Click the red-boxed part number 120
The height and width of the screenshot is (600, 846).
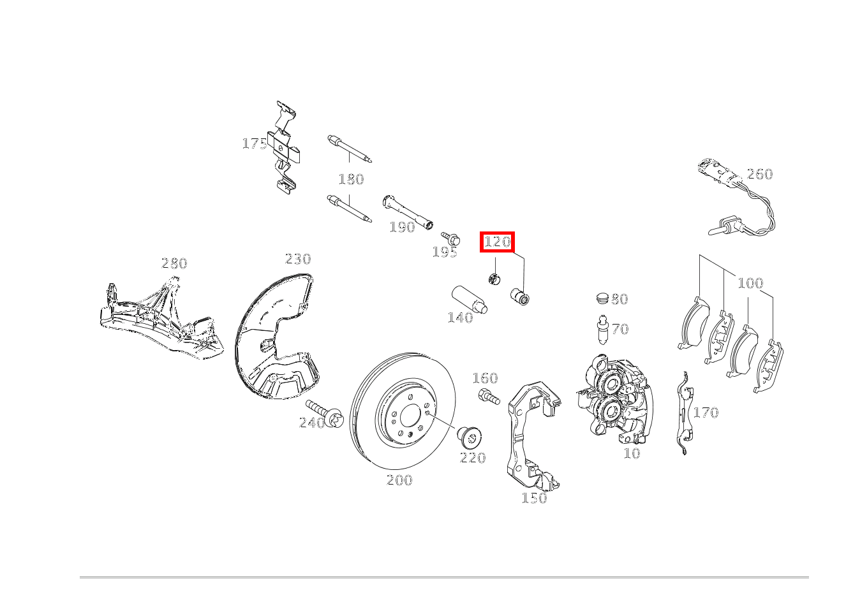point(497,242)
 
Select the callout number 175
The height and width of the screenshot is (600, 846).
point(255,143)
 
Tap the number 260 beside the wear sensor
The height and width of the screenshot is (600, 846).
point(760,174)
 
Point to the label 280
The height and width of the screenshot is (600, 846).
point(174,263)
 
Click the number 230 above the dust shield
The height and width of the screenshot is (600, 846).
point(298,259)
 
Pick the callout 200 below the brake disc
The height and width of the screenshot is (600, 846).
point(399,480)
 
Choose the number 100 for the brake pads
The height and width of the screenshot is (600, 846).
point(750,283)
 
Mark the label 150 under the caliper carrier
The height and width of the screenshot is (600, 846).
point(534,498)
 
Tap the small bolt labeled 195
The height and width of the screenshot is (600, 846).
point(451,238)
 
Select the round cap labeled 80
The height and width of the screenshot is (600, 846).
point(603,298)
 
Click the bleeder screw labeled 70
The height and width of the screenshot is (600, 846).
point(603,330)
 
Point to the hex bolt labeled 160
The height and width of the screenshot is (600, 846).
point(489,397)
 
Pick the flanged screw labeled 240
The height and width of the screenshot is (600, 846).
point(325,414)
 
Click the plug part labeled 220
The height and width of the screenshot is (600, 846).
point(468,439)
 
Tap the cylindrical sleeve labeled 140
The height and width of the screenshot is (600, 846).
point(470,300)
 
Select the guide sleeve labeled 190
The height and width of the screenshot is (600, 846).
point(408,212)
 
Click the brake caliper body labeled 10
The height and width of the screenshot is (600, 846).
point(614,398)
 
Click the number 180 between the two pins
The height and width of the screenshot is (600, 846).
point(352,179)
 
